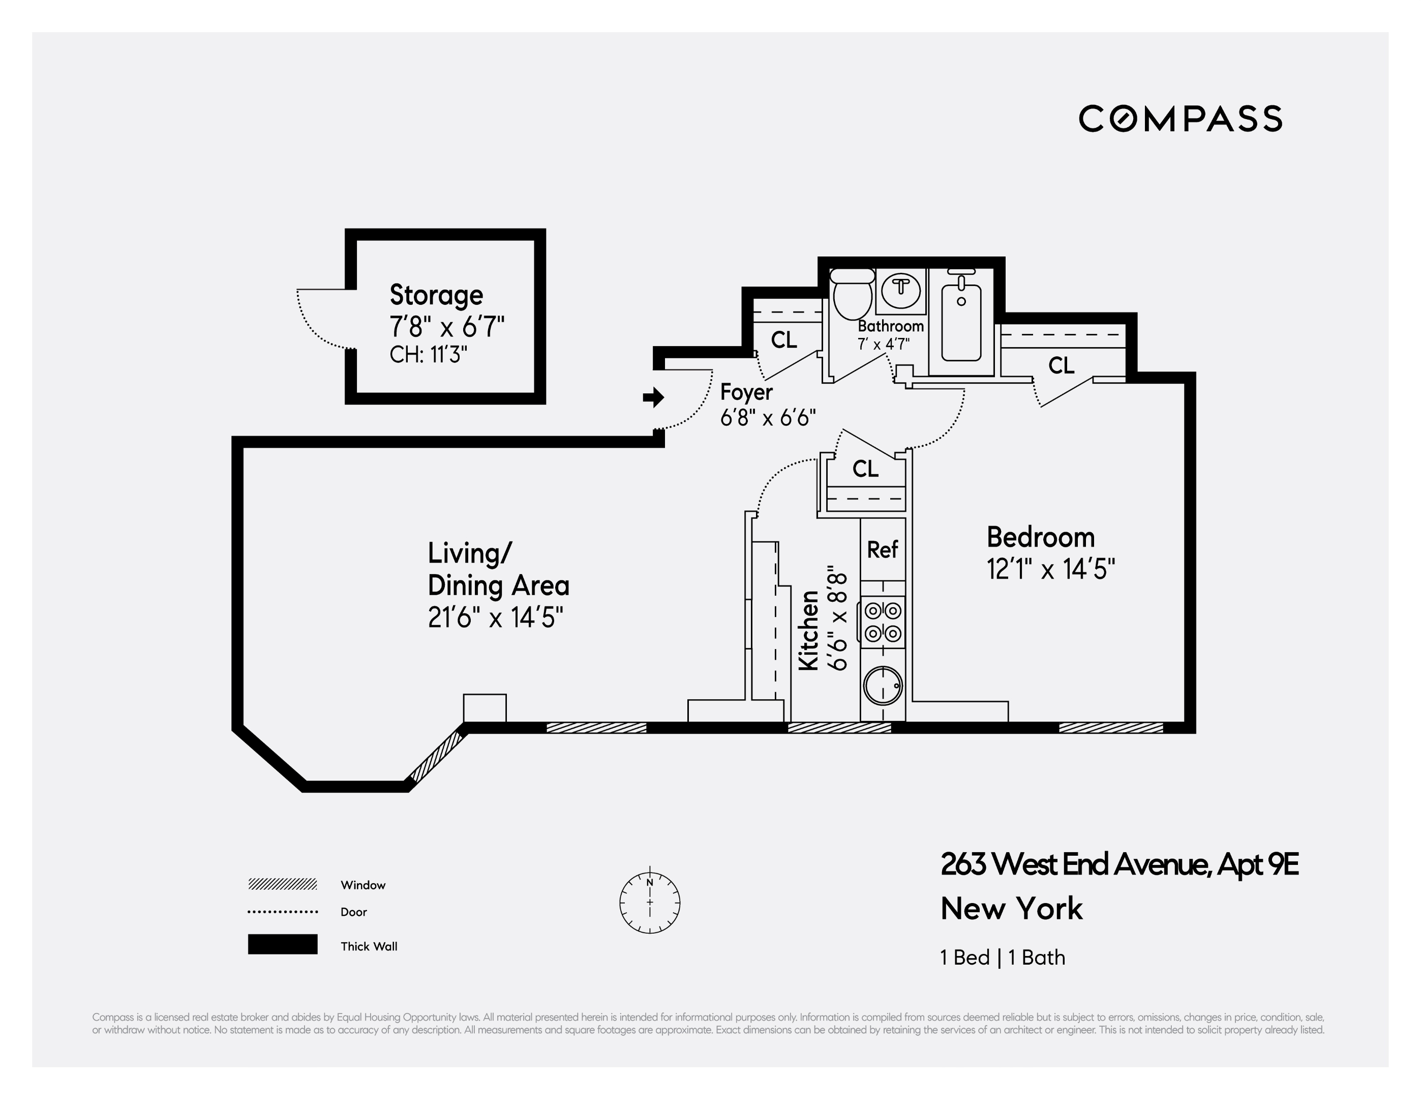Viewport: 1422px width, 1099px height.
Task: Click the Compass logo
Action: [x=1180, y=119]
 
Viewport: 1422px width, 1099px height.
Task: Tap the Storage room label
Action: [x=436, y=295]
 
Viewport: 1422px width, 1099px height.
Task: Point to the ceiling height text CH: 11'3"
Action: [x=429, y=355]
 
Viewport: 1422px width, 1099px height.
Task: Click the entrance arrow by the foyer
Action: [x=653, y=397]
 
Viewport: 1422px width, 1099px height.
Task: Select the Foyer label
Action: [x=746, y=392]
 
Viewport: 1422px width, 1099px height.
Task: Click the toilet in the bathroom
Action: [x=852, y=295]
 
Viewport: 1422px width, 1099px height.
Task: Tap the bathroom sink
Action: [x=901, y=290]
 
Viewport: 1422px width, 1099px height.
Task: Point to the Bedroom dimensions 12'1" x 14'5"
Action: [x=1050, y=569]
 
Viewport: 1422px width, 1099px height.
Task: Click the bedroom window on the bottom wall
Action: [x=1111, y=728]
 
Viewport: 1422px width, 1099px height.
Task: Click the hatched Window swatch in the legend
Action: [x=283, y=884]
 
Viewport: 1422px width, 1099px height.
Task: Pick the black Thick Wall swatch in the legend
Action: [x=283, y=944]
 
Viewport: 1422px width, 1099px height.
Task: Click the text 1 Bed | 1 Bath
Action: [x=1002, y=957]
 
